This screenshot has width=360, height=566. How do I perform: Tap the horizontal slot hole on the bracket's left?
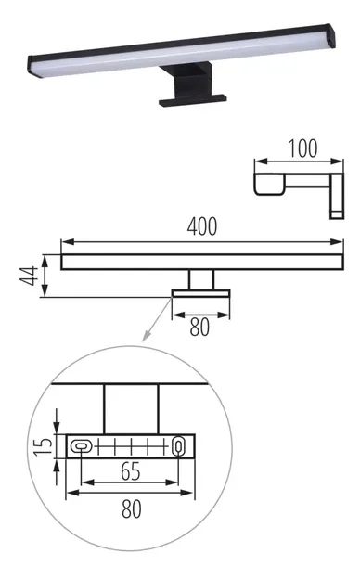82,446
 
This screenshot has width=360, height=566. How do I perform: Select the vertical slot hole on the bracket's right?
178,446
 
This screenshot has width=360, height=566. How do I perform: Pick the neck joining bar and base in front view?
201,279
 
